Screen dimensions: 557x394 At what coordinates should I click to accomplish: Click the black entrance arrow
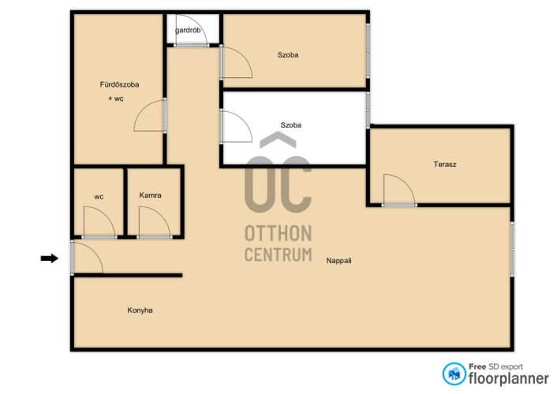point(50,258)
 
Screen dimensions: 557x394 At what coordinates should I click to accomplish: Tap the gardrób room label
point(188,30)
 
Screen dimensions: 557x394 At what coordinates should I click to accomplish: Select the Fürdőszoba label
point(119,84)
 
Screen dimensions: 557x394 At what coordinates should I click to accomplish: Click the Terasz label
point(445,165)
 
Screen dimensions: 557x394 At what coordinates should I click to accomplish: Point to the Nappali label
point(339,261)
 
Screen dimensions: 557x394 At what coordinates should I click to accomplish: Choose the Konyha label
point(140,310)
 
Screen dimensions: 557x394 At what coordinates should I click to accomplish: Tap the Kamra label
point(150,195)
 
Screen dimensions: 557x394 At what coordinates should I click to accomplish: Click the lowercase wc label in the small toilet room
point(99,197)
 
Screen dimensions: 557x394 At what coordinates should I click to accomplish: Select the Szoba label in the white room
point(291,125)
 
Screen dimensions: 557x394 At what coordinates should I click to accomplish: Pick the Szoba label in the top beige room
point(288,55)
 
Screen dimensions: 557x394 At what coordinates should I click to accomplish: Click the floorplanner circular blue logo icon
point(454,374)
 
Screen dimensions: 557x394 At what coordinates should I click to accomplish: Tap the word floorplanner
point(509,378)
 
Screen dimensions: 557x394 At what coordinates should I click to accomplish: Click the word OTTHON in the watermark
point(278,233)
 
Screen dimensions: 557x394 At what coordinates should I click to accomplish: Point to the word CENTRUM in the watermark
point(278,255)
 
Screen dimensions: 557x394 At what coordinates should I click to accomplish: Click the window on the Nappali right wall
point(512,249)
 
